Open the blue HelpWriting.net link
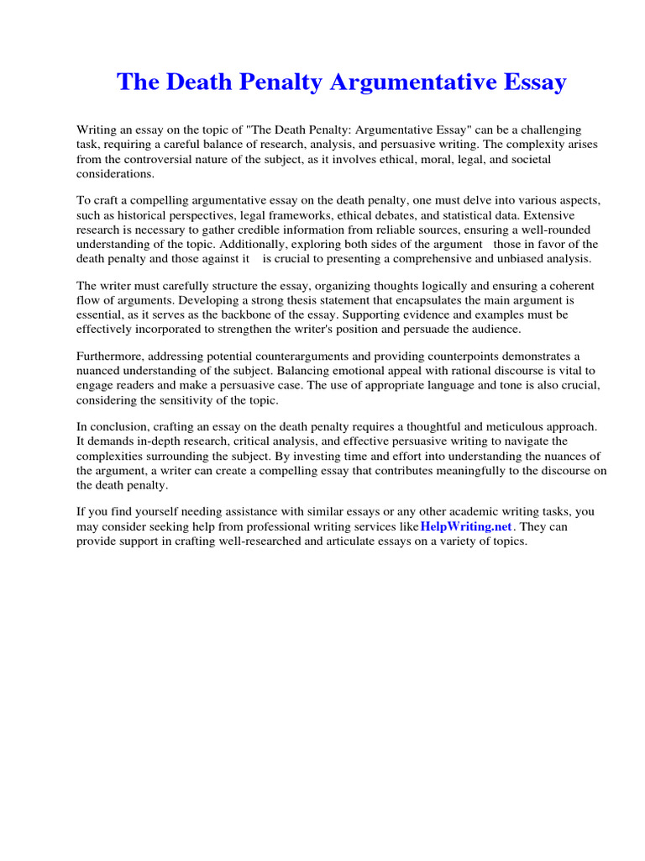[466, 526]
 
